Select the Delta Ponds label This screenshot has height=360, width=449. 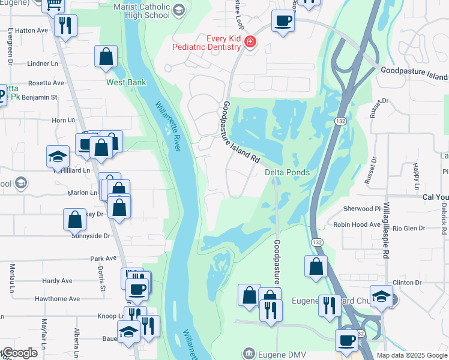[x=288, y=173]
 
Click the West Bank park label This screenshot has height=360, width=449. [x=126, y=82]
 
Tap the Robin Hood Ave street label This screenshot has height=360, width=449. [x=354, y=224]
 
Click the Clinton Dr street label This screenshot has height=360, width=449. [x=407, y=282]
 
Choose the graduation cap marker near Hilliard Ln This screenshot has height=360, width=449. [x=58, y=157]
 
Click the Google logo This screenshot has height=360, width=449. [x=20, y=353]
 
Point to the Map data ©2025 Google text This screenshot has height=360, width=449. [x=412, y=355]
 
